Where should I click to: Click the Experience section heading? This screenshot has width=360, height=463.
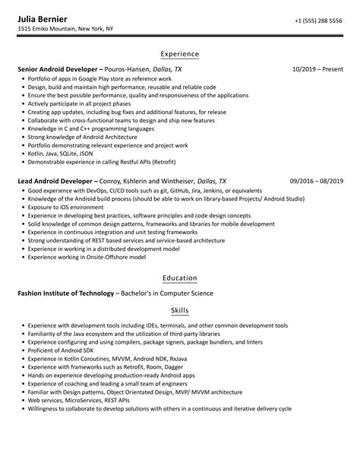click(180, 54)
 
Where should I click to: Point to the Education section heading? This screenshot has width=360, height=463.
click(180, 278)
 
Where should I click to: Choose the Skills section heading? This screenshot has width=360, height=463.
click(180, 311)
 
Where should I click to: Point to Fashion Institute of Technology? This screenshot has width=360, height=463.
click(65, 293)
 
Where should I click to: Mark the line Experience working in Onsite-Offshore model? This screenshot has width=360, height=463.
click(88, 256)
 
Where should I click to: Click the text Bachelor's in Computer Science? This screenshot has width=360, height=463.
click(165, 293)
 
